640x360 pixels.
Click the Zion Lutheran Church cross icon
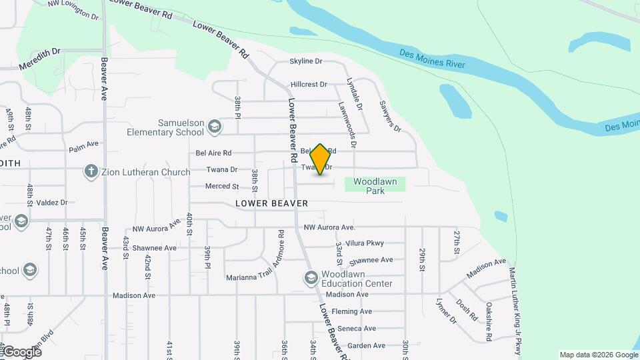point(91,171)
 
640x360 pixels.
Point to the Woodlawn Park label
point(375,186)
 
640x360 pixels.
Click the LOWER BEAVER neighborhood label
point(271,203)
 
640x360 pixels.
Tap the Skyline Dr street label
point(305,61)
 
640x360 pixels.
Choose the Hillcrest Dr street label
point(309,85)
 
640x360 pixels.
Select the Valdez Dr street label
point(54,202)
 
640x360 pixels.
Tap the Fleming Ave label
point(351,311)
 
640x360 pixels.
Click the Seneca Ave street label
point(357,329)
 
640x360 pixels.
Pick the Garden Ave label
point(366,346)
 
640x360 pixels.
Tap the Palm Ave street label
point(83,143)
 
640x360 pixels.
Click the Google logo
point(22,351)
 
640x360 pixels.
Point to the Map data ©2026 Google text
point(597,355)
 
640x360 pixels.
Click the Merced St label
point(222,187)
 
